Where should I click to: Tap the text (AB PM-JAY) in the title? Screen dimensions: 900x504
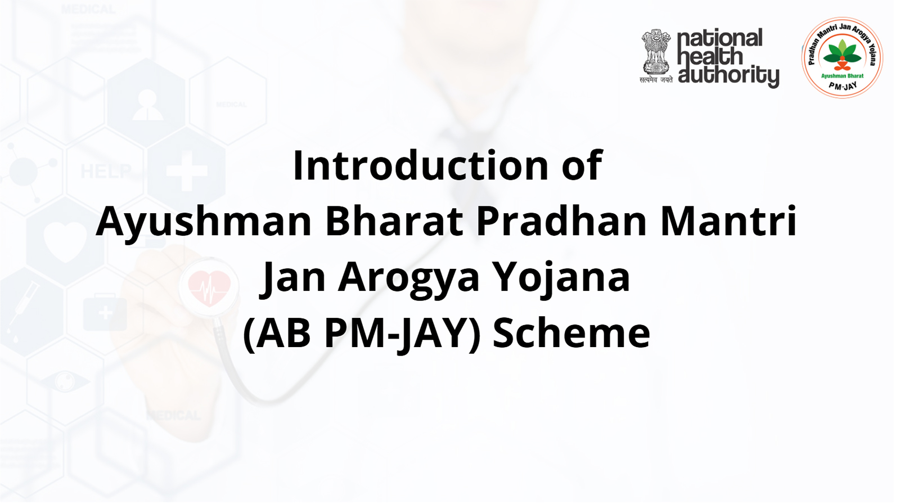[362, 334]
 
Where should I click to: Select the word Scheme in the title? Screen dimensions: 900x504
[571, 333]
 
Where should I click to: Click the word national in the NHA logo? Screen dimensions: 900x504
[719, 38]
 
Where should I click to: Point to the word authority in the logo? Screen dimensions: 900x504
[728, 75]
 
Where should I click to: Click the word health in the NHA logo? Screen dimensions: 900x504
[709, 56]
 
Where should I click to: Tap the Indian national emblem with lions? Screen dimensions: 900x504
[656, 51]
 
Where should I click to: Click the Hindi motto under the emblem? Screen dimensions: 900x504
[656, 79]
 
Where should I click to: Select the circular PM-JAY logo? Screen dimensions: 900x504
[842, 57]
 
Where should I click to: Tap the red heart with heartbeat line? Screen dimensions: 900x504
[209, 288]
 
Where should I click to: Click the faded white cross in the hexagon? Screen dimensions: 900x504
[187, 171]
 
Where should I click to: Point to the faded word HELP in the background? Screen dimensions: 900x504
[106, 171]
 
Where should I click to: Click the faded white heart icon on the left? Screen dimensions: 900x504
[65, 241]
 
